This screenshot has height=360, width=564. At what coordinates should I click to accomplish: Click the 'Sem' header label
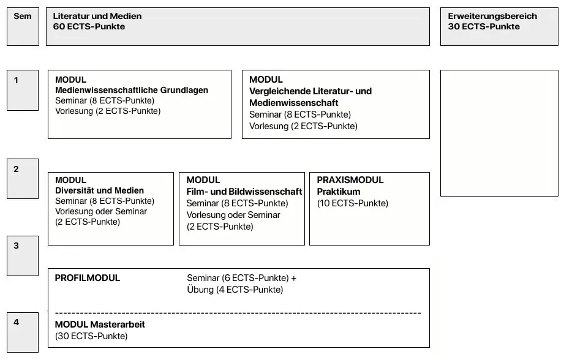pyautogui.click(x=23, y=16)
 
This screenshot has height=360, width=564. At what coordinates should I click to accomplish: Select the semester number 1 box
pyautogui.click(x=23, y=90)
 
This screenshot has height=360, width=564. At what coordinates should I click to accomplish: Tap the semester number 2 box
pyautogui.click(x=23, y=179)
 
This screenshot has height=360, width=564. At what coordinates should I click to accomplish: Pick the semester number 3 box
pyautogui.click(x=23, y=255)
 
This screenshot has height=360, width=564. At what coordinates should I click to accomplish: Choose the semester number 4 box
pyautogui.click(x=23, y=332)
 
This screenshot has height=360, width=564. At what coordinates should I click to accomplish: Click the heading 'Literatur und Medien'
pyautogui.click(x=97, y=16)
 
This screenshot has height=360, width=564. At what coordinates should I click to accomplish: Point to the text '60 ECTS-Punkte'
pyautogui.click(x=89, y=26)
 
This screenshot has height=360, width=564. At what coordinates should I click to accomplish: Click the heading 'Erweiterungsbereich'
pyautogui.click(x=492, y=16)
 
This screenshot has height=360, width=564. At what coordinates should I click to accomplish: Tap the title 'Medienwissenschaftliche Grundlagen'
pyautogui.click(x=132, y=90)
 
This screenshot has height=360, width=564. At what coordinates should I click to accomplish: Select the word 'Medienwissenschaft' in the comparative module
pyautogui.click(x=294, y=103)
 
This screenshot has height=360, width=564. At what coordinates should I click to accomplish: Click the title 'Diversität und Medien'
pyautogui.click(x=99, y=190)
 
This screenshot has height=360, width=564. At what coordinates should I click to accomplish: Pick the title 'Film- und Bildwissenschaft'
pyautogui.click(x=244, y=192)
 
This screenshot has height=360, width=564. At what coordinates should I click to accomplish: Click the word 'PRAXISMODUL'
pyautogui.click(x=350, y=180)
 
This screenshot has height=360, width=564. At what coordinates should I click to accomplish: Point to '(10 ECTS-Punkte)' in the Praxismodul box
pyautogui.click(x=353, y=203)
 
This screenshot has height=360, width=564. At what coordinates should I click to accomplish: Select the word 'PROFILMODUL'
pyautogui.click(x=88, y=278)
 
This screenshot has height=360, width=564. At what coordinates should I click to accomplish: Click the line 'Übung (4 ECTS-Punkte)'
pyautogui.click(x=235, y=290)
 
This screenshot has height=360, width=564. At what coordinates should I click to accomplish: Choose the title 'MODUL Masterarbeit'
pyautogui.click(x=100, y=324)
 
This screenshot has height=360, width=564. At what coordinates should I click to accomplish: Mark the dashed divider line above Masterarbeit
pyautogui.click(x=238, y=313)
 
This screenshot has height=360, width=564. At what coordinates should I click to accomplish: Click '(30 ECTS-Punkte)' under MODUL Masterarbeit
pyautogui.click(x=91, y=336)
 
